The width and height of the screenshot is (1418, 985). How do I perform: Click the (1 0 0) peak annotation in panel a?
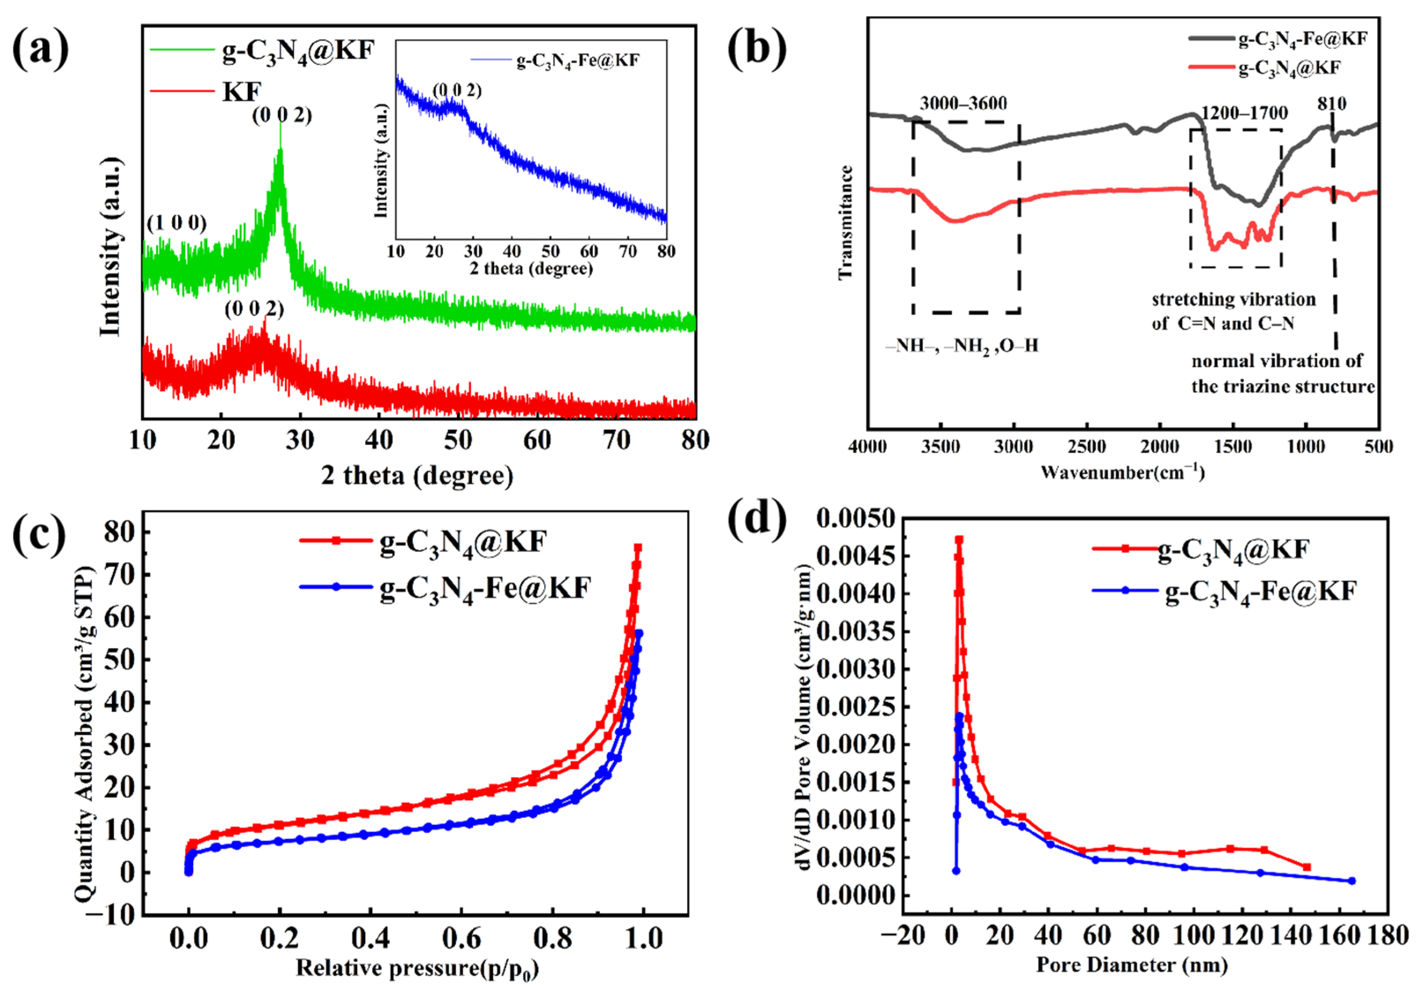coord(176,223)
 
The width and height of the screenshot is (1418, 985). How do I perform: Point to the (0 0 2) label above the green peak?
coord(282,116)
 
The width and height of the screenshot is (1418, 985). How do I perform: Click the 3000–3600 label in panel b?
coord(963,104)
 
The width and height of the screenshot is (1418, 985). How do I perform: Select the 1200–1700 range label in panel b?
coord(1245,113)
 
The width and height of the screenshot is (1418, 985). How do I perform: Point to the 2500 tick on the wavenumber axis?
coord(1087,446)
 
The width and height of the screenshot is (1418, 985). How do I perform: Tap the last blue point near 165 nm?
coord(1351,881)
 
